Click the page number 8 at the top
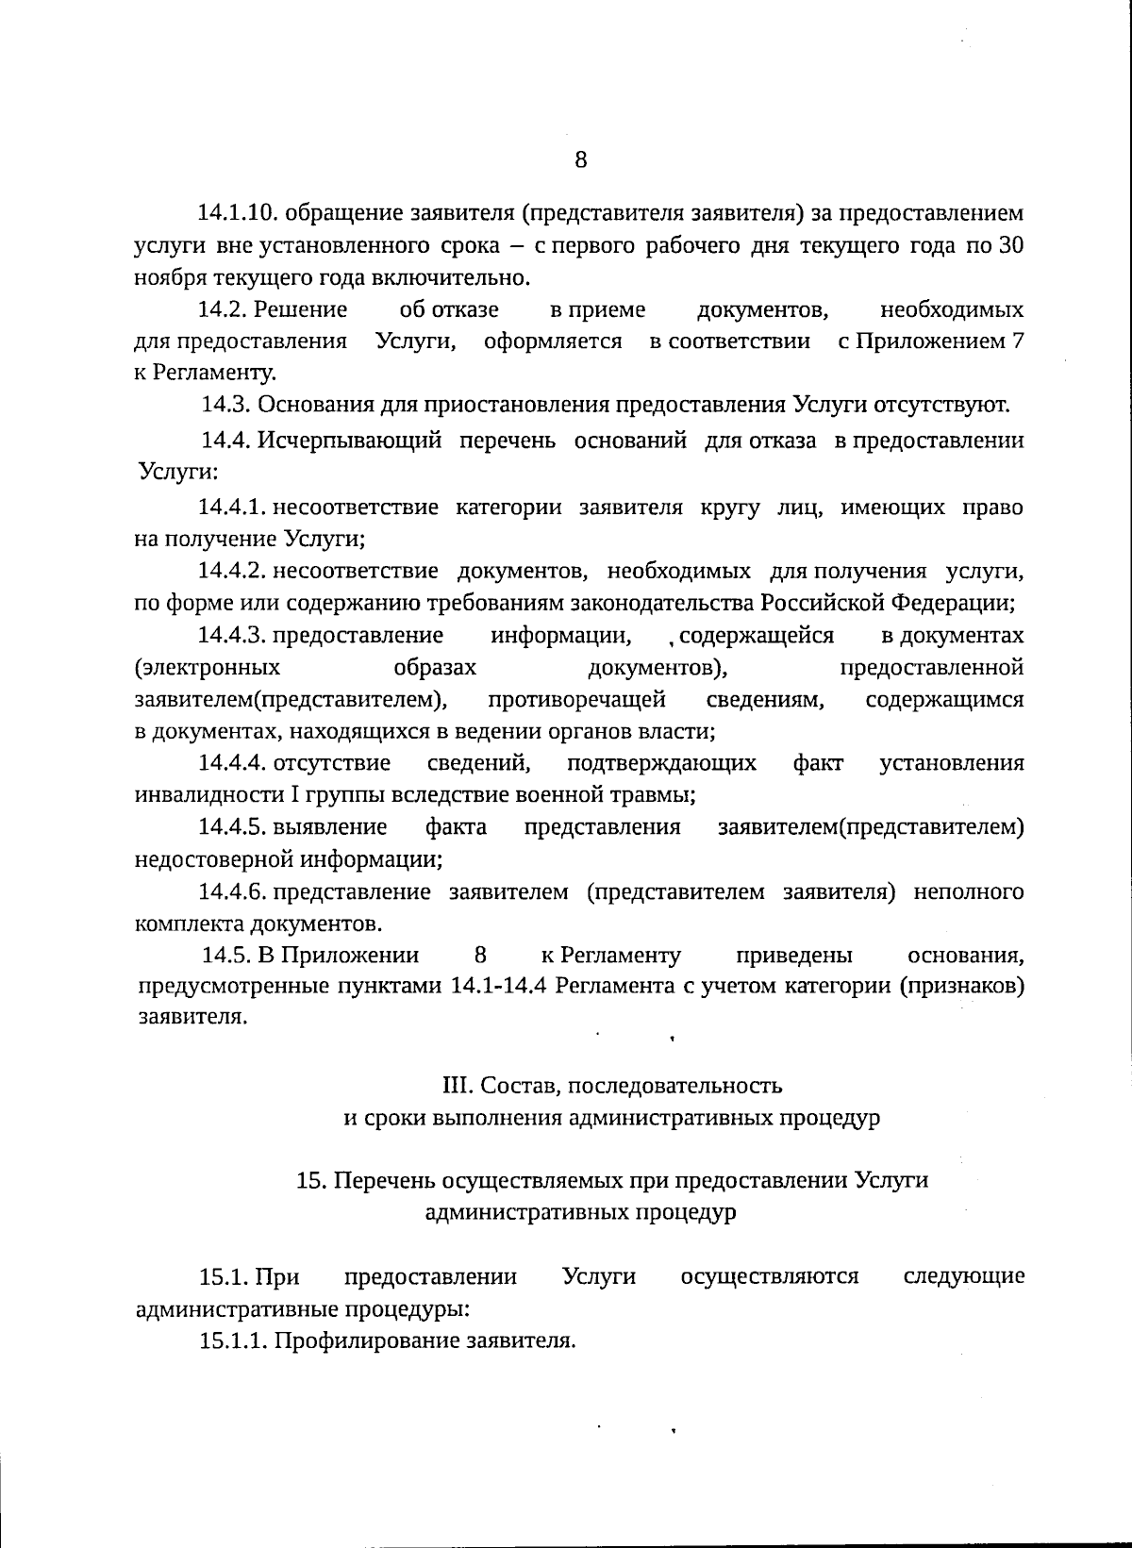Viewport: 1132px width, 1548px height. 580,159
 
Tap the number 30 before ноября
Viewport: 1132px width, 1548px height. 1010,246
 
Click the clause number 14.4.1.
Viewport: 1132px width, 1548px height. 232,508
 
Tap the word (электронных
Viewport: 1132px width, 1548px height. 208,668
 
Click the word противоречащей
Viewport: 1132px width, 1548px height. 576,700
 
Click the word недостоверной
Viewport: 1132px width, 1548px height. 215,859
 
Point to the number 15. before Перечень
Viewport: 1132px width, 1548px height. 310,1181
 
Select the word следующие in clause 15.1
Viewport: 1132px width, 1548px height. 963,1277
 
